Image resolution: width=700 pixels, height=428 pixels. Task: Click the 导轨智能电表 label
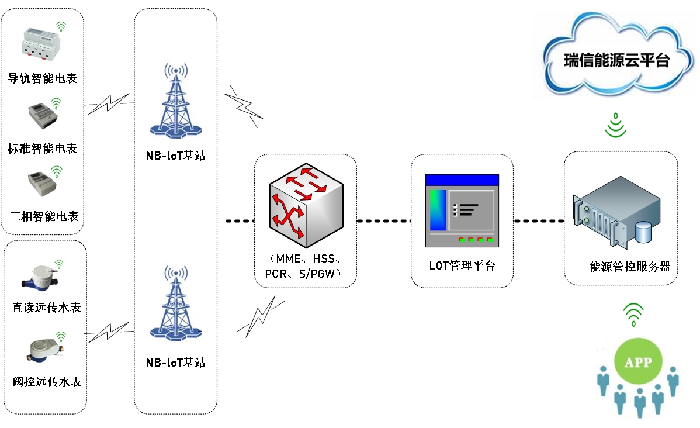click(43, 78)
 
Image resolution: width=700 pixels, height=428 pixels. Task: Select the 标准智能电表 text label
click(43, 149)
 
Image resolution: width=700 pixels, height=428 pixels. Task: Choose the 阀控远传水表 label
click(47, 382)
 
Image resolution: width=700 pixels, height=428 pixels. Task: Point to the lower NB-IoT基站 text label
click(175, 363)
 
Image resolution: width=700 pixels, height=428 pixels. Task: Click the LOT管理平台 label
click(462, 265)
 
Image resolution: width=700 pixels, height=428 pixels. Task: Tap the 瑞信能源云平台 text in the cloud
click(616, 60)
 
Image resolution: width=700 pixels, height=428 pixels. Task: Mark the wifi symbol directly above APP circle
click(633, 315)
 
